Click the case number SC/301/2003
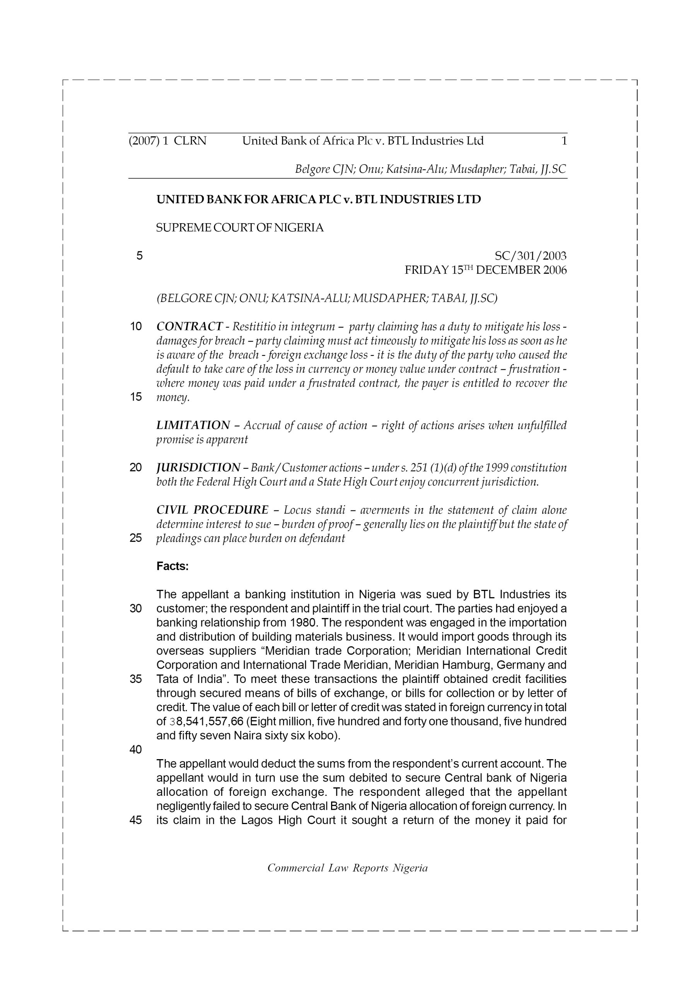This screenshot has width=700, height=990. (530, 256)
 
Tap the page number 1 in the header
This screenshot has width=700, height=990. (564, 141)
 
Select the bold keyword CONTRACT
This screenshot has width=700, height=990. (190, 326)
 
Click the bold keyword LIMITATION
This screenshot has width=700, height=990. (193, 425)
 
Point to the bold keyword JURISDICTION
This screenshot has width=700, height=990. (198, 468)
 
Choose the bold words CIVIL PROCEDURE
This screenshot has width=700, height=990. (212, 510)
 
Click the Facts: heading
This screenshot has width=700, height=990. (172, 566)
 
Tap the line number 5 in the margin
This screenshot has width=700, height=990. (139, 256)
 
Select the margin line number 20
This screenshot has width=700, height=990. (136, 468)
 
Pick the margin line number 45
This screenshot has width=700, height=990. (136, 820)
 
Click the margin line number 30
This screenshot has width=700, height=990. (136, 609)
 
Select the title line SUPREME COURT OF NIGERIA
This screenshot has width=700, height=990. (240, 228)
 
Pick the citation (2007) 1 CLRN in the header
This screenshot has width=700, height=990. (168, 141)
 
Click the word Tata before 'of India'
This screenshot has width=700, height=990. (168, 679)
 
